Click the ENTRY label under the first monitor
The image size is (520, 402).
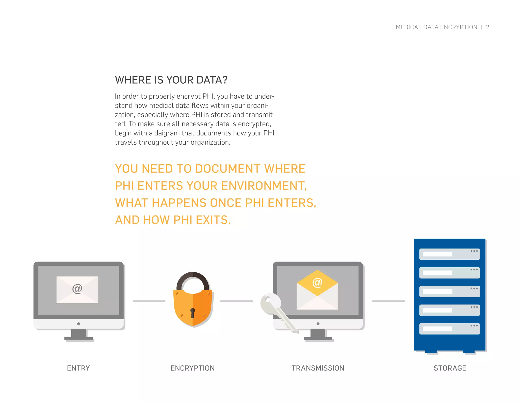click(x=78, y=368)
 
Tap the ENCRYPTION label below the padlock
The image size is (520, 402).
click(x=192, y=368)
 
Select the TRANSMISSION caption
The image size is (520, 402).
click(x=318, y=368)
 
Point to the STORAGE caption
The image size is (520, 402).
click(x=450, y=368)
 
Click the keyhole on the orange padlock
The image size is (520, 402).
click(x=192, y=313)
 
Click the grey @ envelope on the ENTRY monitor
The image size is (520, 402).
click(x=77, y=289)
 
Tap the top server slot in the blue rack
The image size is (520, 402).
click(x=449, y=254)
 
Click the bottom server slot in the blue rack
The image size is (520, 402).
click(x=449, y=329)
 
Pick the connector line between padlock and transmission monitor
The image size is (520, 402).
click(x=236, y=301)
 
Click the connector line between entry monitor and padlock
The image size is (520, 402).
click(x=149, y=301)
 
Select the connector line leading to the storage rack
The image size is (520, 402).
click(x=388, y=301)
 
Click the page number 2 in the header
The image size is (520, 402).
click(x=487, y=27)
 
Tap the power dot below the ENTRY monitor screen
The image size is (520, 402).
click(x=79, y=324)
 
